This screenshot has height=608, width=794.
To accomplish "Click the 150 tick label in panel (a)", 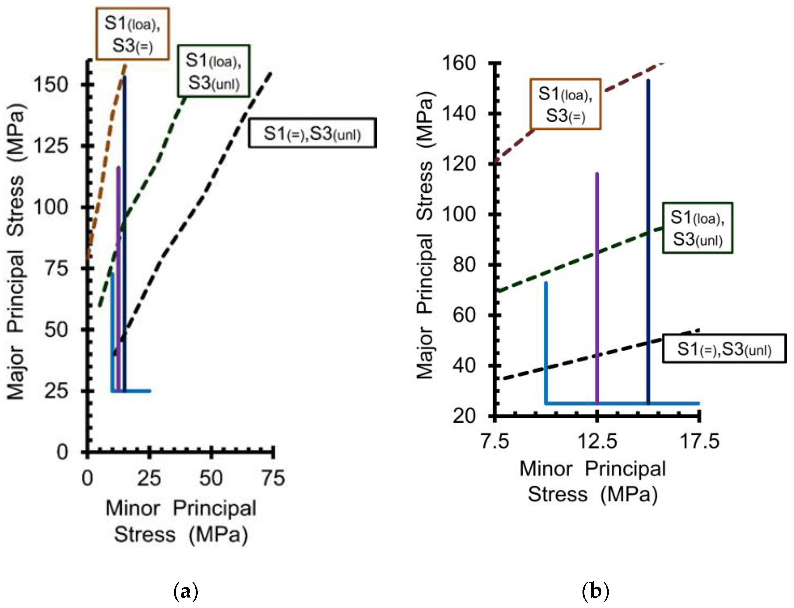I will point(51,85).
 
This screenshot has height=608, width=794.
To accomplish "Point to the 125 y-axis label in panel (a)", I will point(51,146).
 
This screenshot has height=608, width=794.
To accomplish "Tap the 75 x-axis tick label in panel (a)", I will point(273,478).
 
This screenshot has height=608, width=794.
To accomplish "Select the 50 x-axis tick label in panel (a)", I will point(211,478).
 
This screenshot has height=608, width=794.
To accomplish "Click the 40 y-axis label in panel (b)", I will point(464,366).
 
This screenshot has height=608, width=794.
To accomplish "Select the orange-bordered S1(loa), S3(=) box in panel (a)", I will point(133,34).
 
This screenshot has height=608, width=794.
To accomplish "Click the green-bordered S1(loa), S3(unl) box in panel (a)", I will point(214,71).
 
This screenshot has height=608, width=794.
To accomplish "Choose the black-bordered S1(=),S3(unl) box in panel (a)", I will point(312,133).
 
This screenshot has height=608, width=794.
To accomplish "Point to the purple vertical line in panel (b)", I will point(597,290).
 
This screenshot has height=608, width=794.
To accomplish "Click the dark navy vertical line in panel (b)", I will point(648,243).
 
